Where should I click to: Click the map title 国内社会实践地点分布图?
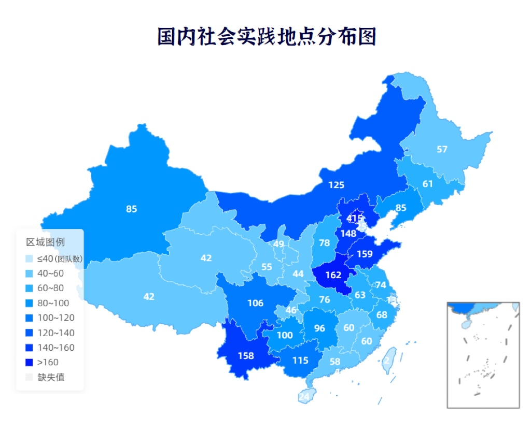coord(267,37)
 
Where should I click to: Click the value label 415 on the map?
coord(355,219)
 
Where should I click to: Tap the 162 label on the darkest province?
coord(333,276)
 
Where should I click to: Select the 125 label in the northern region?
coord(336,185)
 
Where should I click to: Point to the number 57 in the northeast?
coord(442,150)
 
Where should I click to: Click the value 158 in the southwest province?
coord(245,356)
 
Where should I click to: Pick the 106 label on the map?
coord(255,303)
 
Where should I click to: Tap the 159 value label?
coord(365,254)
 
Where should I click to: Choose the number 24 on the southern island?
coord(304,397)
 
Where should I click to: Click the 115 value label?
coord(300,361)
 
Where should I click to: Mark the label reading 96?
coord(319,328)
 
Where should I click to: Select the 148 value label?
coord(348,234)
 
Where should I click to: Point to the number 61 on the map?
coord(427,184)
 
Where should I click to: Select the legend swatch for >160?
coord(29,363)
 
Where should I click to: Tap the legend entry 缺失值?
coord(51,378)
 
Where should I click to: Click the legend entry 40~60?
coord(50,273)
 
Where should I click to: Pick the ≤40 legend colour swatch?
coord(29,258)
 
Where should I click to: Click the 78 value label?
coord(324,243)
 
